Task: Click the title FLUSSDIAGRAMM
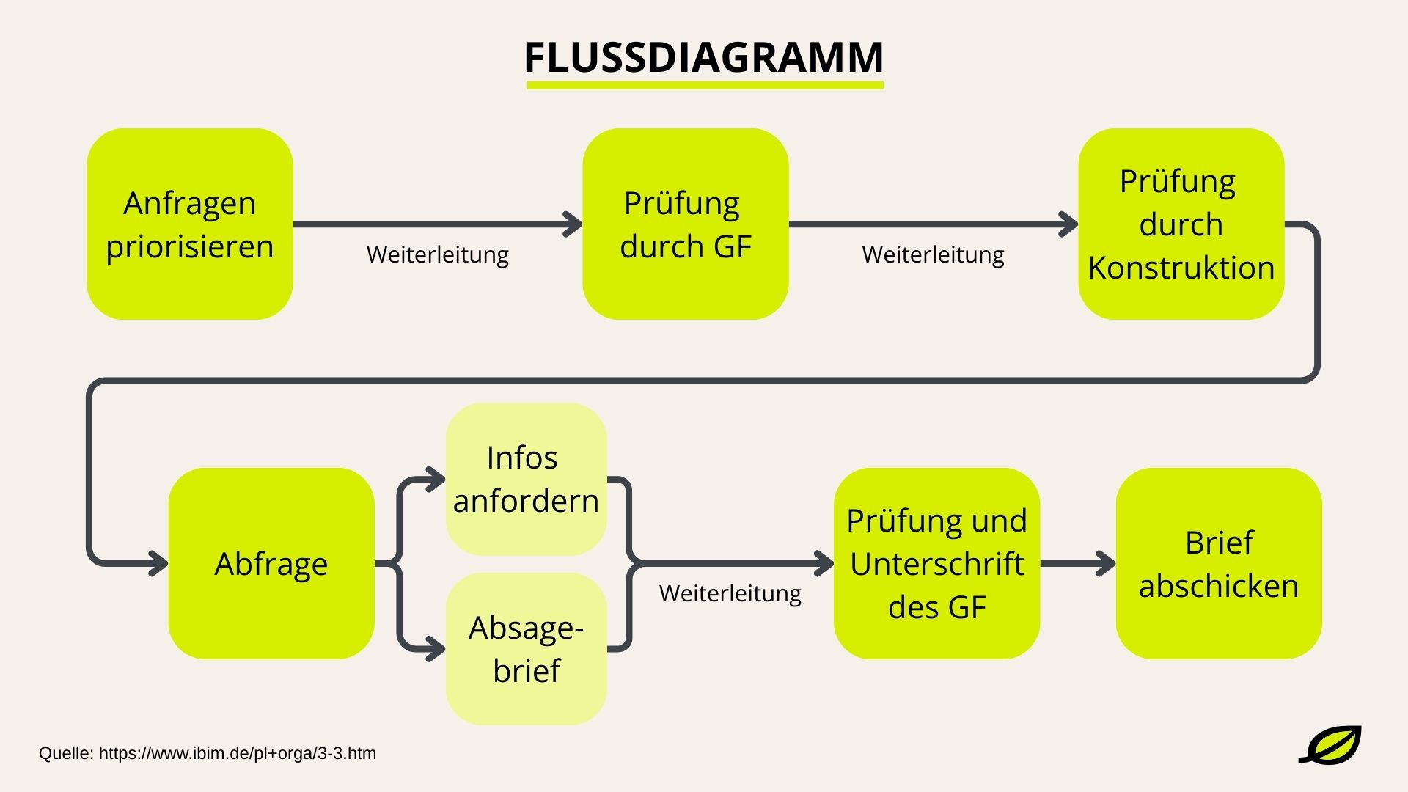coord(704,57)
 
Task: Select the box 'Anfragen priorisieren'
coord(190,224)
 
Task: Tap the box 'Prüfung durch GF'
coord(686,224)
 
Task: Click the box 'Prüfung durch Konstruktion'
coord(1181,224)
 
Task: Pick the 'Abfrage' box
coord(271,563)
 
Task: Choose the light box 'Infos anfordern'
coord(526,479)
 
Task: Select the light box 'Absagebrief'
coord(526,649)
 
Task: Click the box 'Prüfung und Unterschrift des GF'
coord(936,563)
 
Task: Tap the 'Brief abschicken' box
coord(1218,563)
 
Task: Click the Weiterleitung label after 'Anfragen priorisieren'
coord(438,254)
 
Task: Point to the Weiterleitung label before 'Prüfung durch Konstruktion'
coord(933,254)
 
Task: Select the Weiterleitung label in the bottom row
coord(730,593)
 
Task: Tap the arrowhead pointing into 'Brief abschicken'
coord(1106,564)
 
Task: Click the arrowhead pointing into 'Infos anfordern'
coord(436,480)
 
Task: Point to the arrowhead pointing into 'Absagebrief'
coord(436,649)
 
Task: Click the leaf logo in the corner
coord(1331,745)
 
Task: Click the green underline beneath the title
coord(705,86)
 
